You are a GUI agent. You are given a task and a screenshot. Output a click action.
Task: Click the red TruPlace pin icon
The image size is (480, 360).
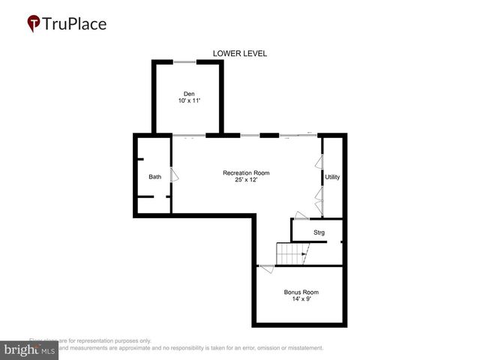point(34,24)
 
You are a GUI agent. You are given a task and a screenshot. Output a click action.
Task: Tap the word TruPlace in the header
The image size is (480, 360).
point(75,24)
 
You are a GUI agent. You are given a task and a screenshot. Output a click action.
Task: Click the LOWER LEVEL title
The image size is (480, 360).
point(240,53)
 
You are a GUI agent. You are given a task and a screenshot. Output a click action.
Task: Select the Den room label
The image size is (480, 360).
point(189,94)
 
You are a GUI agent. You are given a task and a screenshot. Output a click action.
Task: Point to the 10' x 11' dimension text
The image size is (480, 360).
point(189,101)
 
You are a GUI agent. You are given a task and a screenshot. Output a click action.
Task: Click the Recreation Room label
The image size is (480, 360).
point(246,173)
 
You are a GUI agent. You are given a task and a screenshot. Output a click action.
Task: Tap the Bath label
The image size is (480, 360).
point(154,177)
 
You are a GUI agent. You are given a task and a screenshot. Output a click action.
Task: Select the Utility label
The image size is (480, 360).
point(332,177)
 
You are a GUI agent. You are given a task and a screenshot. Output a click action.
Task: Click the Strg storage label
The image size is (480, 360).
point(319,233)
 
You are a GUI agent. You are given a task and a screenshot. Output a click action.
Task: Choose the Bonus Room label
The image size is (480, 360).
point(301,292)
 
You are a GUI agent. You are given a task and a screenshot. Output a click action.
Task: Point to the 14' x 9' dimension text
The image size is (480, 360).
point(301,299)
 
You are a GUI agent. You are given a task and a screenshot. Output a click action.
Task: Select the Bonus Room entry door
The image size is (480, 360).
point(266,269)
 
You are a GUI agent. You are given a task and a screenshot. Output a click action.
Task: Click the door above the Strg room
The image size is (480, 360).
point(301,216)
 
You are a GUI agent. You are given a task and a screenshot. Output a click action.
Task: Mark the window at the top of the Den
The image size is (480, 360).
point(185,61)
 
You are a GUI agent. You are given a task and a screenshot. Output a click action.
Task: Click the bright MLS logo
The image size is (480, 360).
point(29,350)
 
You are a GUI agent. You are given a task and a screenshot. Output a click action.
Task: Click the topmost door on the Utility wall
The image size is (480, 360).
point(319,162)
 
